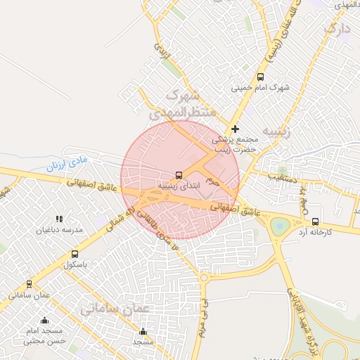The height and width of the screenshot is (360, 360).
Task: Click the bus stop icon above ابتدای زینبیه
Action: tap(179, 174)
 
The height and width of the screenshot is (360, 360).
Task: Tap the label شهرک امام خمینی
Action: tap(260, 89)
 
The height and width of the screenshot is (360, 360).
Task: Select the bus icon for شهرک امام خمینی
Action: tap(260, 77)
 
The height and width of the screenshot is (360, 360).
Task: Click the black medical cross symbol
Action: tap(235, 129)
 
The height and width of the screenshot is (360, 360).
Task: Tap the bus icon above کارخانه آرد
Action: tap(314, 221)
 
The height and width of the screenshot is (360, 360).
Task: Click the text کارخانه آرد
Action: tap(314, 232)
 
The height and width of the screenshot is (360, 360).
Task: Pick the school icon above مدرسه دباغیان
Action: tap(60, 219)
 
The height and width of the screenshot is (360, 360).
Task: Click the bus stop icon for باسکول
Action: tap(75, 254)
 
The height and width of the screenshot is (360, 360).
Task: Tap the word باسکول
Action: tap(75, 265)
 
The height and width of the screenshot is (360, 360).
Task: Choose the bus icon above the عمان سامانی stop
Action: tap(29, 284)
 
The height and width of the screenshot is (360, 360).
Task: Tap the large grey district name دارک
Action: tap(336, 30)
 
